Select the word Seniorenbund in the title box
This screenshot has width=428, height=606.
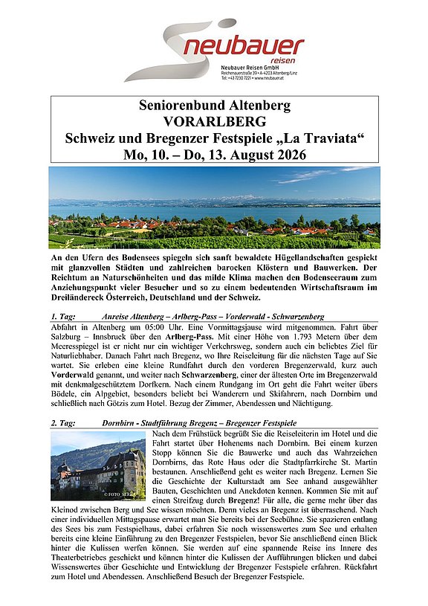tap(180, 105)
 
